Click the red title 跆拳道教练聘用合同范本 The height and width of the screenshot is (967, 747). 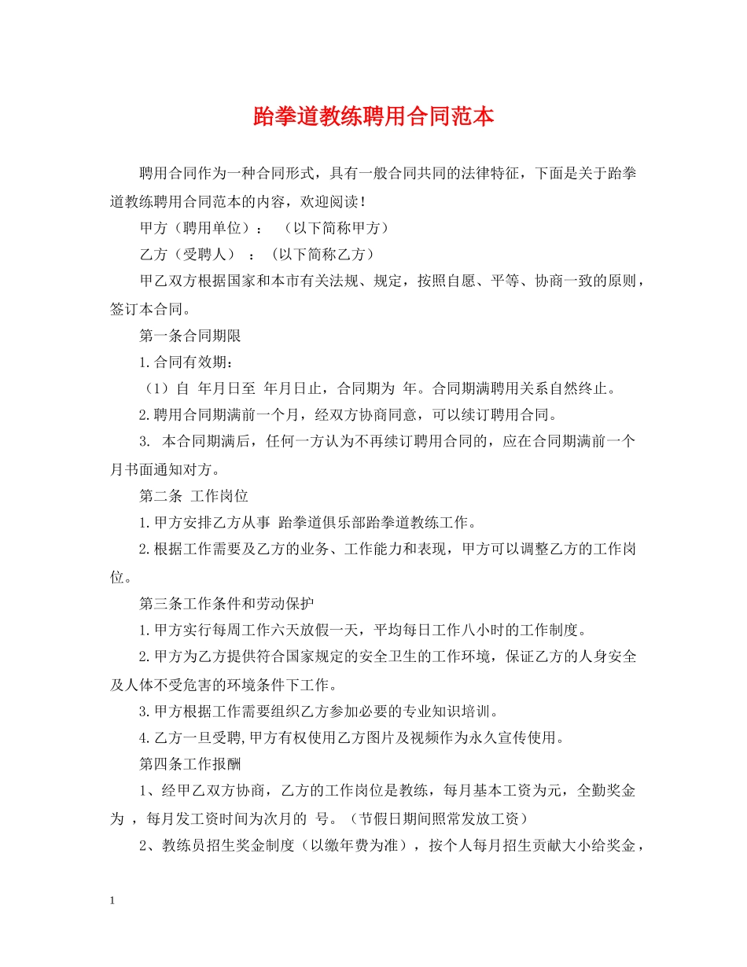373,117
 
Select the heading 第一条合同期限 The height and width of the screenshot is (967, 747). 190,336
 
